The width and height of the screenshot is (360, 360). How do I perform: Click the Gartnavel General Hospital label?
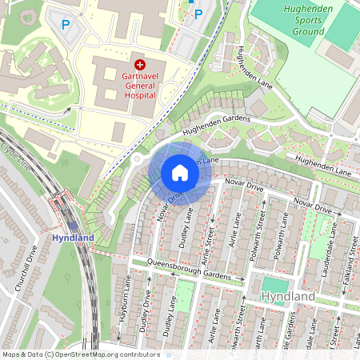click(x=140, y=86)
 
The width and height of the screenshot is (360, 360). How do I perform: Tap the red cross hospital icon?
click(x=140, y=64)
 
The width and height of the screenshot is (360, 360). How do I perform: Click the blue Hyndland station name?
click(x=73, y=238)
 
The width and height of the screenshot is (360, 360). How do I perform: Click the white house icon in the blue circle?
click(x=180, y=173)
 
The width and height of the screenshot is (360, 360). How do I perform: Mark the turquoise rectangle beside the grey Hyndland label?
click(x=274, y=285)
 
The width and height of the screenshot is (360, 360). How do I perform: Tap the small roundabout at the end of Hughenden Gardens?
click(x=137, y=159)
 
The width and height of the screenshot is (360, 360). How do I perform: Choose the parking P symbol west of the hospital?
click(x=65, y=25)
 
